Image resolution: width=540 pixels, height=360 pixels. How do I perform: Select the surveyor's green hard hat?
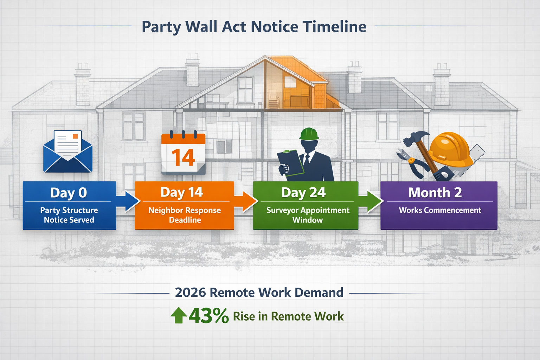coord(309,134)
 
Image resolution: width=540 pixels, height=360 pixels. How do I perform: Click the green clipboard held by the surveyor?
coord(291,163)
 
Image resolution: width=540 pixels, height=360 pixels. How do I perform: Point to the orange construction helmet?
coord(451,149)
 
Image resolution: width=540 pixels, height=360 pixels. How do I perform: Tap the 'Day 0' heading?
coord(68,193)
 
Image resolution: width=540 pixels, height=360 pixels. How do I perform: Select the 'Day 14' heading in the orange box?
coord(181,192)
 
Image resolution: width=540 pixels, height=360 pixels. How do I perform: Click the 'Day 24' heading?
coord(303,192)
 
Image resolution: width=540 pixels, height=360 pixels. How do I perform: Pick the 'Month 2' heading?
coord(435,192)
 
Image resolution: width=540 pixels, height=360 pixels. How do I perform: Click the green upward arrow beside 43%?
coord(179,315)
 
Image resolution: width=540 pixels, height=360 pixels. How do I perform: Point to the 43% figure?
coord(209,316)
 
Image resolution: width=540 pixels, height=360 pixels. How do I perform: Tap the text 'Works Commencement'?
coord(440,210)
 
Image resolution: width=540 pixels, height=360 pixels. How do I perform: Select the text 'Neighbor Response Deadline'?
coord(185,215)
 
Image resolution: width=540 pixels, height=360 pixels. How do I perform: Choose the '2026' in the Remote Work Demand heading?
coord(190,292)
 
